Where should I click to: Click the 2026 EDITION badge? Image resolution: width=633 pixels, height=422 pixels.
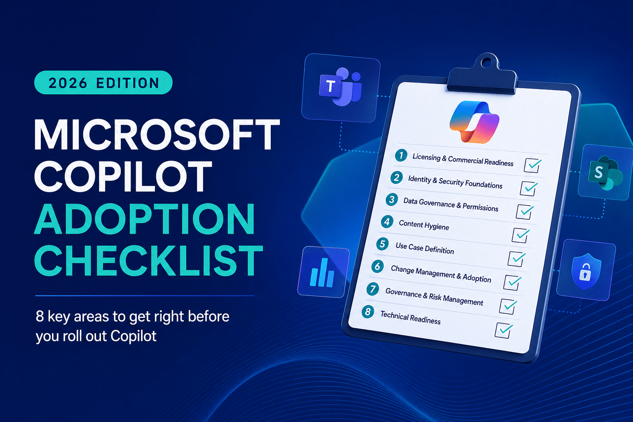pos(103,82)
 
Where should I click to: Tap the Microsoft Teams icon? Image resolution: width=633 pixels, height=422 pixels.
pos(341,87)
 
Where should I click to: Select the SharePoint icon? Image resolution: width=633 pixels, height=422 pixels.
pos(605,172)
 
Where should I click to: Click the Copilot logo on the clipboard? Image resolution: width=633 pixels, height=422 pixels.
pos(474,122)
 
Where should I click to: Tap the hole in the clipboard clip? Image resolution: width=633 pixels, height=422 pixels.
pos(486,63)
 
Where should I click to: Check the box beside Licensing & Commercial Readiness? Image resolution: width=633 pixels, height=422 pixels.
pos(532,165)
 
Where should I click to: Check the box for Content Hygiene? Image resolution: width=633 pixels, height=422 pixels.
pos(520,235)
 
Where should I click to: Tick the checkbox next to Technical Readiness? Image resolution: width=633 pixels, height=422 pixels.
pos(504,330)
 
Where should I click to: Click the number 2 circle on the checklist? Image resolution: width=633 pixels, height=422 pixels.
pos(396,178)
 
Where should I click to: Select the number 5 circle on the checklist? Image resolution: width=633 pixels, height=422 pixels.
pos(382,244)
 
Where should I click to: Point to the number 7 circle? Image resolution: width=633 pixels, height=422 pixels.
pos(373,289)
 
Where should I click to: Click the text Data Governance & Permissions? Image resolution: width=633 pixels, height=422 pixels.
pos(451,204)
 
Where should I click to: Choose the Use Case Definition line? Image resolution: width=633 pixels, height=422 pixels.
pos(425,248)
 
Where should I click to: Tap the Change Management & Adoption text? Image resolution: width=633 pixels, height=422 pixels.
pos(441,274)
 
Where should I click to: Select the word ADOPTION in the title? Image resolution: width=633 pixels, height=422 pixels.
pos(144,219)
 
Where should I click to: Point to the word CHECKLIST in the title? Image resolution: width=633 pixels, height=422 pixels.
pos(149,260)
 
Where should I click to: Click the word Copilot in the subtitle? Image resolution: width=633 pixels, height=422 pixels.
pos(134,336)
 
